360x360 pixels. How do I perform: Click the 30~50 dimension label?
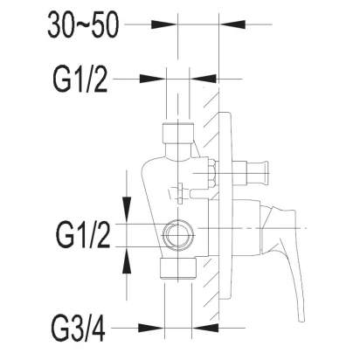coord(83,24)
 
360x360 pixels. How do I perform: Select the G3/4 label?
coord(79,329)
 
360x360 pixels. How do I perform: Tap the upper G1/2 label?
coord(80,80)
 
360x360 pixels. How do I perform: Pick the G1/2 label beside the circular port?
coord(83,235)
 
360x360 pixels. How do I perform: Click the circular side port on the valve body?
coord(177,235)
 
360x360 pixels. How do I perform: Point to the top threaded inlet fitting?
coord(177,133)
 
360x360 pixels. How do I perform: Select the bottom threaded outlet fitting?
coord(178,268)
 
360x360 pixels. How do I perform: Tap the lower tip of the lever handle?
coord(301,320)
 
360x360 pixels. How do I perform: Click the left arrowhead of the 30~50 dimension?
coord(164,24)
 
